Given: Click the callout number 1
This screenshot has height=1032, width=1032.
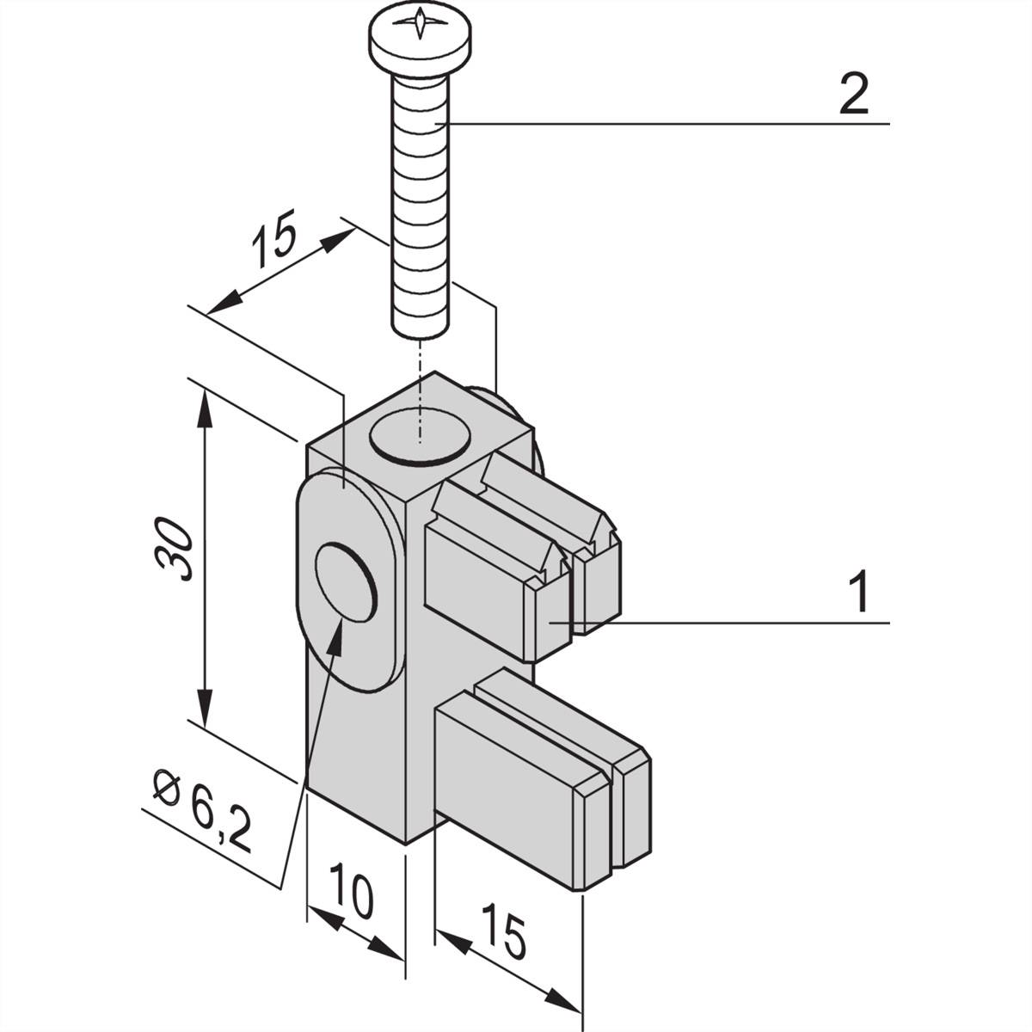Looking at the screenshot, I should (x=859, y=593).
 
